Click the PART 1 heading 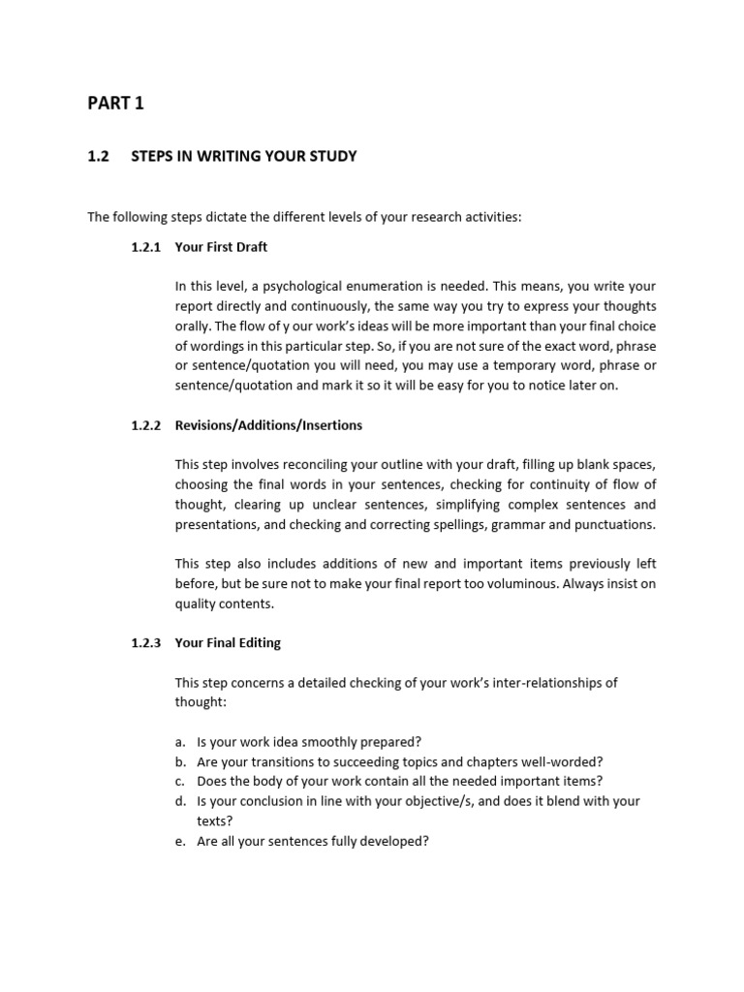[x=115, y=104]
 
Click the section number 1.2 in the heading [x=97, y=156]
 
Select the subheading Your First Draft [x=221, y=247]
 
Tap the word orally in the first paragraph [x=191, y=325]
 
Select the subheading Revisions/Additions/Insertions [x=268, y=425]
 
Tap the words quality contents [x=224, y=604]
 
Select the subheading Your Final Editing [x=228, y=643]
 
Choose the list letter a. [x=180, y=742]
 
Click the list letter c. [x=180, y=782]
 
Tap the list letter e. [x=180, y=841]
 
